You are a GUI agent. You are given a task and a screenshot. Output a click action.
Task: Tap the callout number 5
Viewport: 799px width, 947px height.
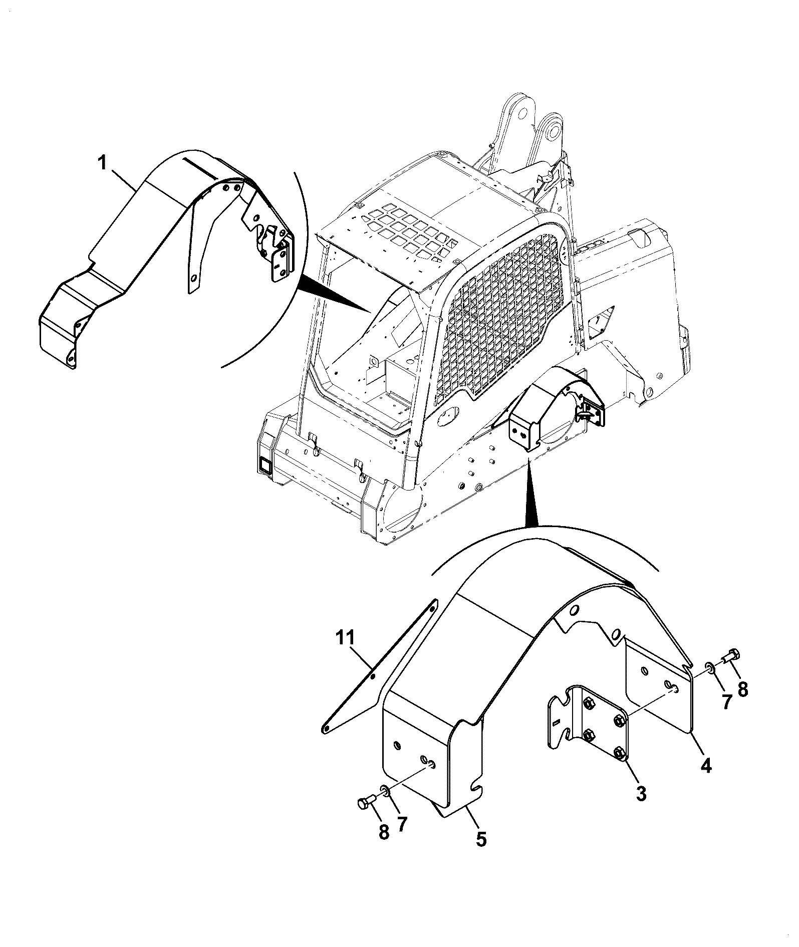tap(481, 839)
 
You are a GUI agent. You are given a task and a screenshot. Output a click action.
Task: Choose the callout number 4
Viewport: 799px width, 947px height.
tap(706, 765)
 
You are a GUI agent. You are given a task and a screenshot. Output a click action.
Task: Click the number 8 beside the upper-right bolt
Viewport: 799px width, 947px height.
tap(742, 690)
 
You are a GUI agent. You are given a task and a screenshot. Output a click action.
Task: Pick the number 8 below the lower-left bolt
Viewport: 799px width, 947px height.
tap(384, 832)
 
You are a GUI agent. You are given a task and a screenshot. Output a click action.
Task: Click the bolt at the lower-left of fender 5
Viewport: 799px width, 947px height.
tap(367, 804)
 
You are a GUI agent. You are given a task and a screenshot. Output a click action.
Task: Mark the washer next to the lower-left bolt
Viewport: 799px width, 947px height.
tap(385, 792)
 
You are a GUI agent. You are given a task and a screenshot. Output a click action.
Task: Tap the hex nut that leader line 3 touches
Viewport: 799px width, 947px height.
tap(618, 754)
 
